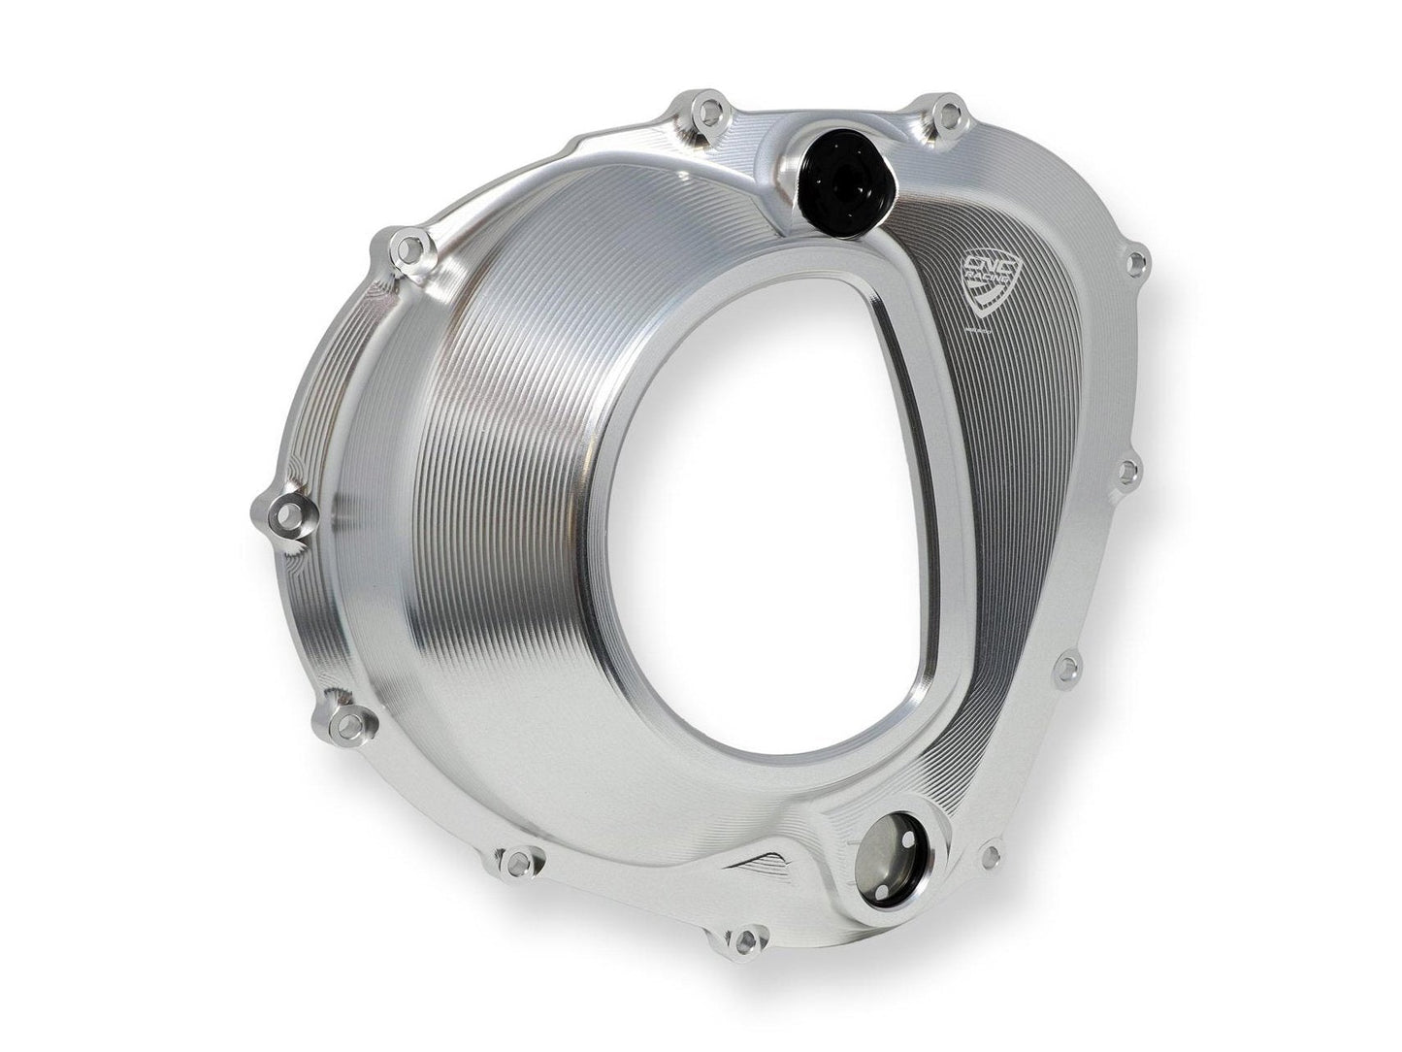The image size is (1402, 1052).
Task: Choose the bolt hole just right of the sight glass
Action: point(991,855)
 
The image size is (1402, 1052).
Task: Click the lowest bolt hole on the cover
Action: point(744,941)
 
